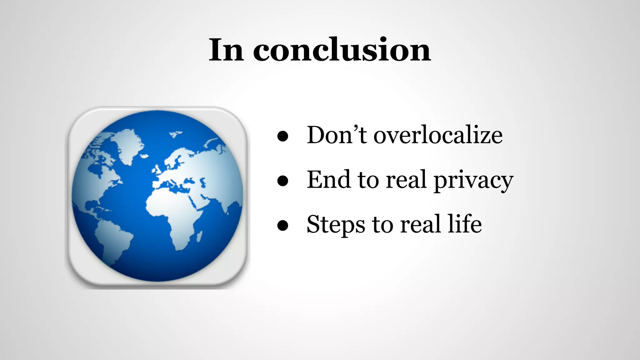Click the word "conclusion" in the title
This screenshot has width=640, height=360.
(x=342, y=50)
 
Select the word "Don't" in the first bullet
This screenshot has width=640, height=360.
(x=337, y=135)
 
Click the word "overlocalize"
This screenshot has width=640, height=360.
(x=438, y=135)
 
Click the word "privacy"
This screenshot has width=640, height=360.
(x=473, y=181)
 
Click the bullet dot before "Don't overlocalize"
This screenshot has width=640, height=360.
(x=282, y=136)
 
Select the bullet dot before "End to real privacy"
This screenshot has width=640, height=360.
(x=282, y=181)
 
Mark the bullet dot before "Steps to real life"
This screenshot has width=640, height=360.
(x=282, y=226)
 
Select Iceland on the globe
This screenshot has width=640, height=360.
(x=144, y=156)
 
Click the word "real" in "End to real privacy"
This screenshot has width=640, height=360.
(x=406, y=180)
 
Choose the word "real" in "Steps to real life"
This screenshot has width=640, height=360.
(x=421, y=224)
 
